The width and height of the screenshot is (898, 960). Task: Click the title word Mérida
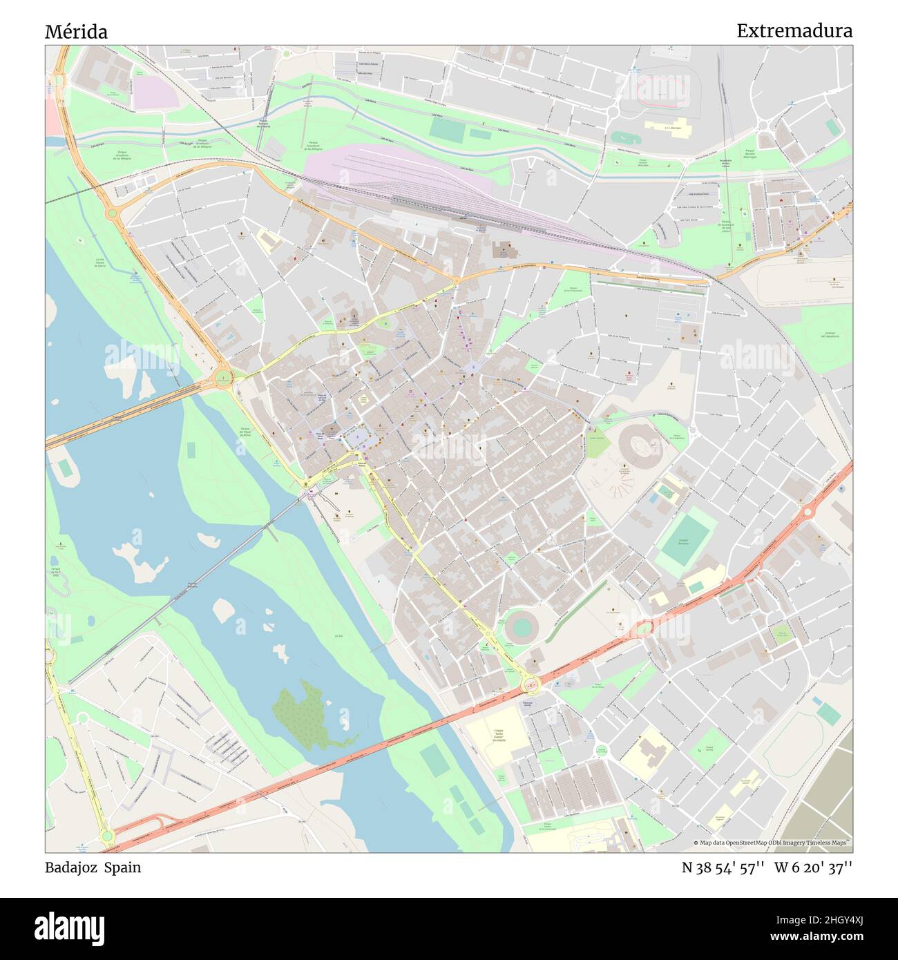76,32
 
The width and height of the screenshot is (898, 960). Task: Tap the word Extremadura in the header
794,31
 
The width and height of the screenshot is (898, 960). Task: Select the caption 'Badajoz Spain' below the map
93,867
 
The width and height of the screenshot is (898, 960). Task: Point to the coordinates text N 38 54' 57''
722,867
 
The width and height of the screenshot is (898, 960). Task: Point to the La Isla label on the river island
338,635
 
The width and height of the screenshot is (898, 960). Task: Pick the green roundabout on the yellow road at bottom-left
106,836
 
